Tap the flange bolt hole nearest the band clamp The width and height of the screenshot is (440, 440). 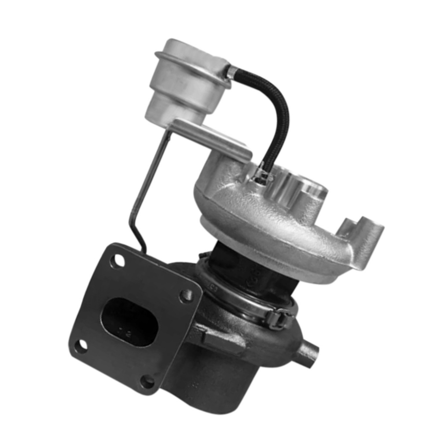click(x=186, y=296)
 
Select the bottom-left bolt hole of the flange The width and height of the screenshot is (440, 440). click(x=81, y=345)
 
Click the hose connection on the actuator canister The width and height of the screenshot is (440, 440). click(x=229, y=72)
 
